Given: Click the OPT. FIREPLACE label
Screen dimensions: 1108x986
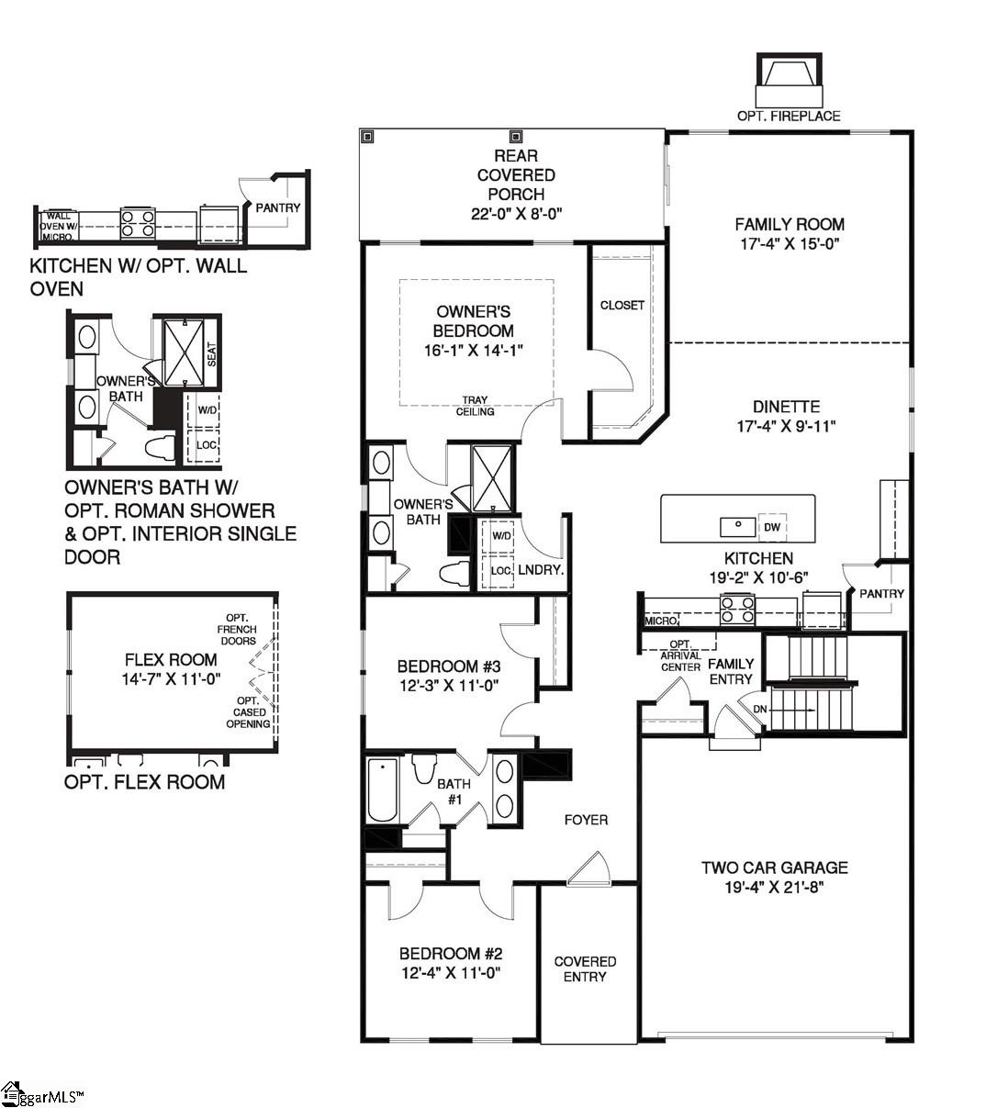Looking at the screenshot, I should (x=788, y=116).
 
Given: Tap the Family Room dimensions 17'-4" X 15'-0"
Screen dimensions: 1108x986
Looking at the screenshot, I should (x=790, y=244).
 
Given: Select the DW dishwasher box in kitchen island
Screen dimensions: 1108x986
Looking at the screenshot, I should (x=772, y=527).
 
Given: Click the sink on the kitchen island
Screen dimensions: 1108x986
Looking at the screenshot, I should (x=737, y=526).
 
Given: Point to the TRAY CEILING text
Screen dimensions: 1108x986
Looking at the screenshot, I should (x=475, y=406).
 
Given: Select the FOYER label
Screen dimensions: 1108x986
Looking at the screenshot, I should (x=586, y=820).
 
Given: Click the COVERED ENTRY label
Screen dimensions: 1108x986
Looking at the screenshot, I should (x=585, y=969).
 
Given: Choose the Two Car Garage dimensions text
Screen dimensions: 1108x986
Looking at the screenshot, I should (x=775, y=888).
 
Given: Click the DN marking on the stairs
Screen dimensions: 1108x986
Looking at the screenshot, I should (x=759, y=709).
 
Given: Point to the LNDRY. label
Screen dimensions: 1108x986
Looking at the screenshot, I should (x=540, y=570).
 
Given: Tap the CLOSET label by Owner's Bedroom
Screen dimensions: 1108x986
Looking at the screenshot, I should (x=622, y=305).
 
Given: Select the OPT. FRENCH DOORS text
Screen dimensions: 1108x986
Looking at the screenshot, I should (x=237, y=629).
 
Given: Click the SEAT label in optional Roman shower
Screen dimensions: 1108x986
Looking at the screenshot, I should (x=211, y=353).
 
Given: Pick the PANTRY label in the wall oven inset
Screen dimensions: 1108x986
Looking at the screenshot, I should (x=277, y=207).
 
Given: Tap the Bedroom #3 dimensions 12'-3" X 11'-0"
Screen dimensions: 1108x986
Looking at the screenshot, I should (x=449, y=685).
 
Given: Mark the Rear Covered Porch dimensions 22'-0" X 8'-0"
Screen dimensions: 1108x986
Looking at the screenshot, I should (x=515, y=213).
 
